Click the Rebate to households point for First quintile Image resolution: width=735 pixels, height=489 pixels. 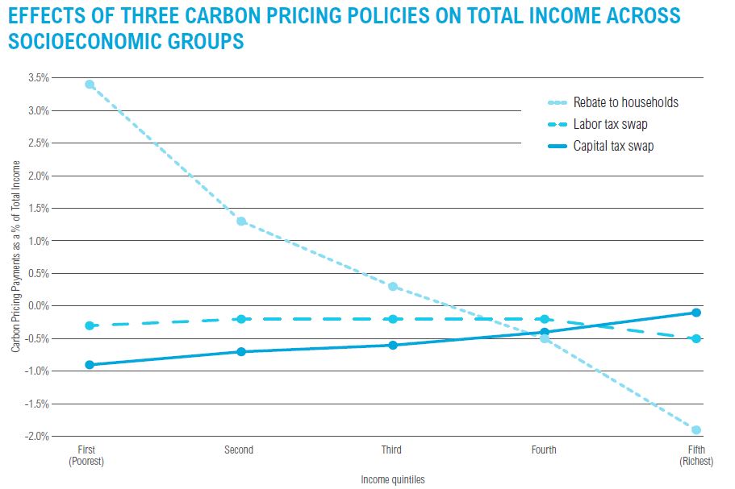pos(90,84)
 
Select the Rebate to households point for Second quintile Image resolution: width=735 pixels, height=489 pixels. pos(241,222)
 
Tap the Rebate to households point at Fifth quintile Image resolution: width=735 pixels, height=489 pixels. pos(695,429)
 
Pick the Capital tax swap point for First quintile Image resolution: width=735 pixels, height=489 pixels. pos(90,365)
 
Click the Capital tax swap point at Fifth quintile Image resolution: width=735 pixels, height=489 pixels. pos(695,313)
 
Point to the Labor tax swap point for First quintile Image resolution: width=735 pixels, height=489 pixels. pos(90,325)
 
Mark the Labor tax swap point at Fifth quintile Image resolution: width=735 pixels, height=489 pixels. pos(695,338)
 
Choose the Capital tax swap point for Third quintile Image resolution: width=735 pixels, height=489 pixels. pos(393,345)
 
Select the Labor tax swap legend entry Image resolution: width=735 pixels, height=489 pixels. pos(610,124)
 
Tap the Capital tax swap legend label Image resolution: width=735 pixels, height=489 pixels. pos(613,146)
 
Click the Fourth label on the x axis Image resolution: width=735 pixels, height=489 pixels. pos(544,450)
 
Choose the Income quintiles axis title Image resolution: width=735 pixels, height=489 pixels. pos(393,479)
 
